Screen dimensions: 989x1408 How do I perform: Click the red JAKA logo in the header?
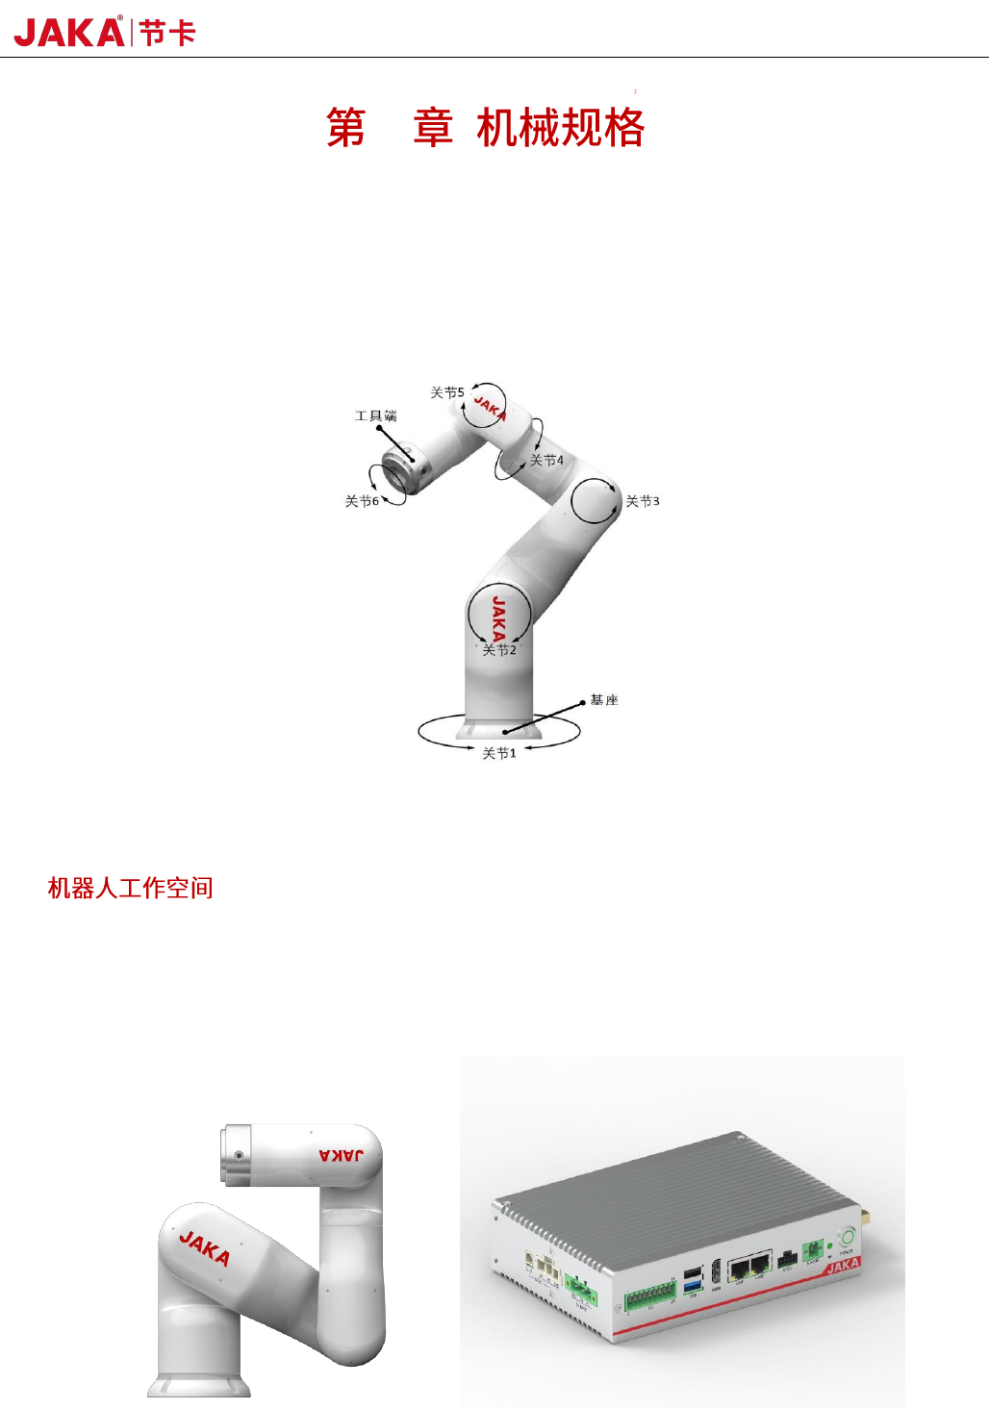coord(69,33)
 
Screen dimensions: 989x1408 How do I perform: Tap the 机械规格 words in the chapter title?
coord(560,128)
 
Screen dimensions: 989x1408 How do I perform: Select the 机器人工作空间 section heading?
coord(130,888)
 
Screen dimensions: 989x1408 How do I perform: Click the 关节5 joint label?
coord(446,392)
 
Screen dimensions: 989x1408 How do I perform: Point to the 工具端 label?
coord(375,415)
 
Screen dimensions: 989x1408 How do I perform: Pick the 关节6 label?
coord(362,501)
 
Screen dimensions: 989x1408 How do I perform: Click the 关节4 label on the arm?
coord(546,461)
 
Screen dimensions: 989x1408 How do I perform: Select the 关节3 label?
coord(643,501)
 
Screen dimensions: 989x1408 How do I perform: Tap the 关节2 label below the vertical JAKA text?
coord(499,650)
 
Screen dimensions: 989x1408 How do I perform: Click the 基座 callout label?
coord(604,700)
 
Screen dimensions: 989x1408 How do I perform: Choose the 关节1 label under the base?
coord(499,753)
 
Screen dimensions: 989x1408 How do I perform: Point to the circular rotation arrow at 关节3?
coord(595,500)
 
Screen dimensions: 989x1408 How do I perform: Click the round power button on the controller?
coord(847,1237)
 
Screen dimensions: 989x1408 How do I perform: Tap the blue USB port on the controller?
coord(693,1286)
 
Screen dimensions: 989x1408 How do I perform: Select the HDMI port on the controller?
coord(716,1274)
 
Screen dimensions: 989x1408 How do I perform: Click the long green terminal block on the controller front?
coord(649,1297)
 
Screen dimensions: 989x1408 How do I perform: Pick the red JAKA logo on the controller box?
coord(842,1266)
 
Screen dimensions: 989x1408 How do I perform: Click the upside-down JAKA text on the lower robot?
coord(342,1154)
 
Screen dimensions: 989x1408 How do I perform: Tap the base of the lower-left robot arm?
coord(199,1385)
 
